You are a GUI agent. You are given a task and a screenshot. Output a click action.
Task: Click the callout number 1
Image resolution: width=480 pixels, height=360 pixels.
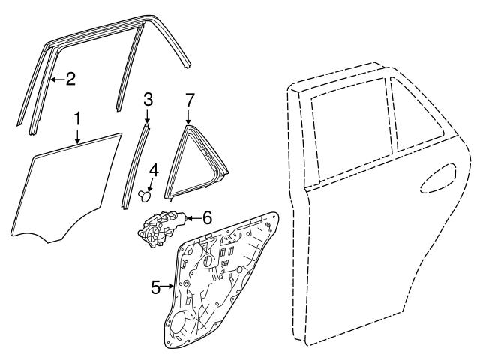[78, 119]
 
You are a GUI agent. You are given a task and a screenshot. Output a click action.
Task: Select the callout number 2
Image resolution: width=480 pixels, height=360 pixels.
[70, 79]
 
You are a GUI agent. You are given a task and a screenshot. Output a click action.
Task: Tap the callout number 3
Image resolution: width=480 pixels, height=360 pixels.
[148, 100]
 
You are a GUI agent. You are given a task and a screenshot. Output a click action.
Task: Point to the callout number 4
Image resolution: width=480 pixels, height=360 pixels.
[154, 170]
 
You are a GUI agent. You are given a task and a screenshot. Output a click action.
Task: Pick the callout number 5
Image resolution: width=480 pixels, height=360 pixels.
[156, 287]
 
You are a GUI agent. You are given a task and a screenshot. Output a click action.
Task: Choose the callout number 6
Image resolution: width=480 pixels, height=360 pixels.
[207, 218]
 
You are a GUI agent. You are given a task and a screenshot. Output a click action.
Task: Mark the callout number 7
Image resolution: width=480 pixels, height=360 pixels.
[189, 100]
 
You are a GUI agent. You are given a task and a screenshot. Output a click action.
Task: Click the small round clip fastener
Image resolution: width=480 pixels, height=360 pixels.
[145, 196]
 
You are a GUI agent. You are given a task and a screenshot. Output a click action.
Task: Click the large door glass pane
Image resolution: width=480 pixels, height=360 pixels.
[66, 188]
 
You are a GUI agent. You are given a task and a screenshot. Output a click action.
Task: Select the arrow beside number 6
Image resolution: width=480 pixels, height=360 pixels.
[193, 218]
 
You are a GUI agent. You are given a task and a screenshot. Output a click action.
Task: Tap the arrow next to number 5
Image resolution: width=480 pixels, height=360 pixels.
[168, 286]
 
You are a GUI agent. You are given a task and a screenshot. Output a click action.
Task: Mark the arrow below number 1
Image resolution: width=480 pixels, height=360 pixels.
[78, 136]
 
